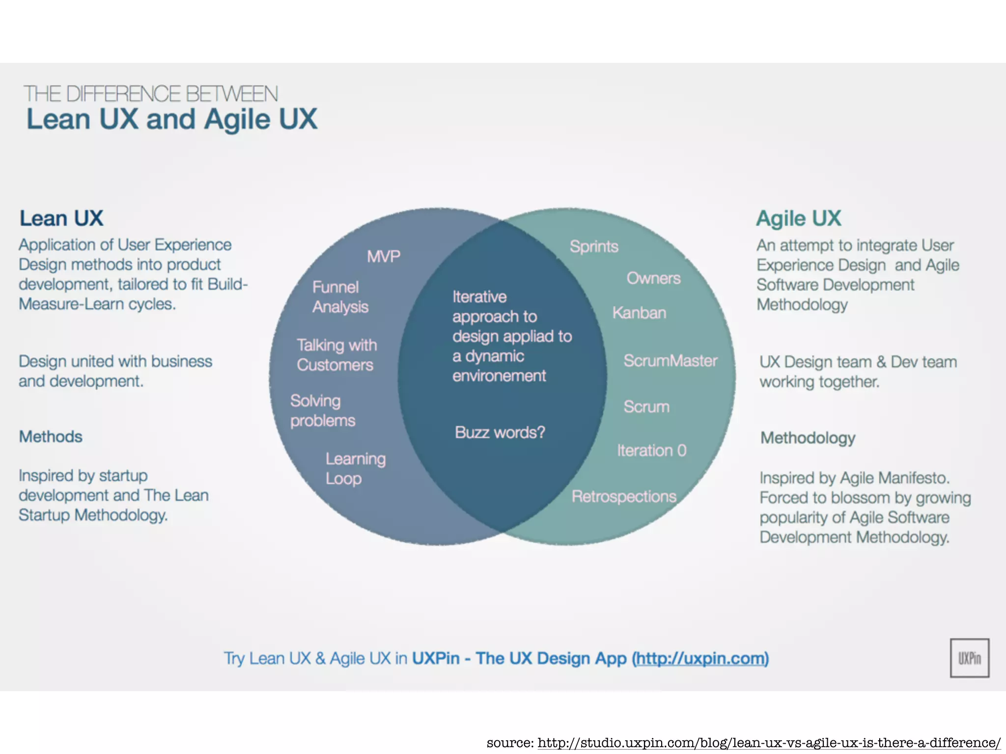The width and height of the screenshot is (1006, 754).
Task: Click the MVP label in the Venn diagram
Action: click(384, 256)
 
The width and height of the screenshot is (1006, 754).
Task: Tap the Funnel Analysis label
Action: click(340, 297)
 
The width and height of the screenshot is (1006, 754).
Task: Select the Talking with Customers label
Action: click(336, 355)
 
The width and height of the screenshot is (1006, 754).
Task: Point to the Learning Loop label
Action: click(355, 468)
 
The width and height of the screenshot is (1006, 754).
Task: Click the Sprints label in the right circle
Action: click(594, 246)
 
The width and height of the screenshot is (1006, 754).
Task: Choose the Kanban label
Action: click(639, 313)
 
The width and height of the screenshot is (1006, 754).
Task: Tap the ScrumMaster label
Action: click(670, 361)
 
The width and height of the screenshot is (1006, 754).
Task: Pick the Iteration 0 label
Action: click(651, 450)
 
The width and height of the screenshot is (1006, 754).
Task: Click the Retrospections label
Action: click(624, 496)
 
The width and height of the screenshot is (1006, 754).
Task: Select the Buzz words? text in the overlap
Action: click(500, 432)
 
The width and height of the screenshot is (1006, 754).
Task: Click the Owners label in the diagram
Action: click(653, 278)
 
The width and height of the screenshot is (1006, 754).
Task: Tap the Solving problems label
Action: click(322, 410)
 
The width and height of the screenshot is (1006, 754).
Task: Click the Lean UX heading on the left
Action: click(61, 218)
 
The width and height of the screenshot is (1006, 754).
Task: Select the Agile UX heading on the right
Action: click(798, 218)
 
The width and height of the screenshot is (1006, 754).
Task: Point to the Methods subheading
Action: click(51, 436)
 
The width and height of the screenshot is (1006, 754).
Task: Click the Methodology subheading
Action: click(808, 437)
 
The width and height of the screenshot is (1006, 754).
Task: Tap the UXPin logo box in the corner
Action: click(969, 658)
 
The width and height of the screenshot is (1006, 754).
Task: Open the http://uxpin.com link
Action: click(700, 658)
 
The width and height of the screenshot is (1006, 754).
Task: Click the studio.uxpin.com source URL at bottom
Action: click(768, 743)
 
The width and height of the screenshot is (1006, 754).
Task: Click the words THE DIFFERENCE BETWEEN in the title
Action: click(151, 94)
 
